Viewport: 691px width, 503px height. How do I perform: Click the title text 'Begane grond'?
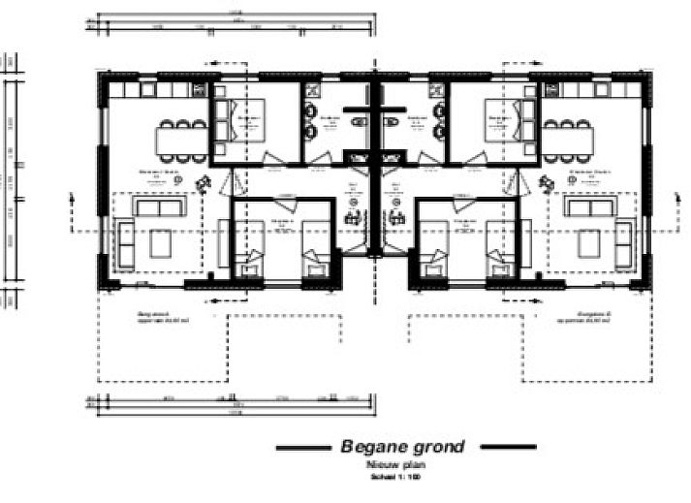click(402, 447)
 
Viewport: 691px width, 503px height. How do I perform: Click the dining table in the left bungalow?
click(176, 138)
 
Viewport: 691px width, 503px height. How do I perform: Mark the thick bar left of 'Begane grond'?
click(303, 448)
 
